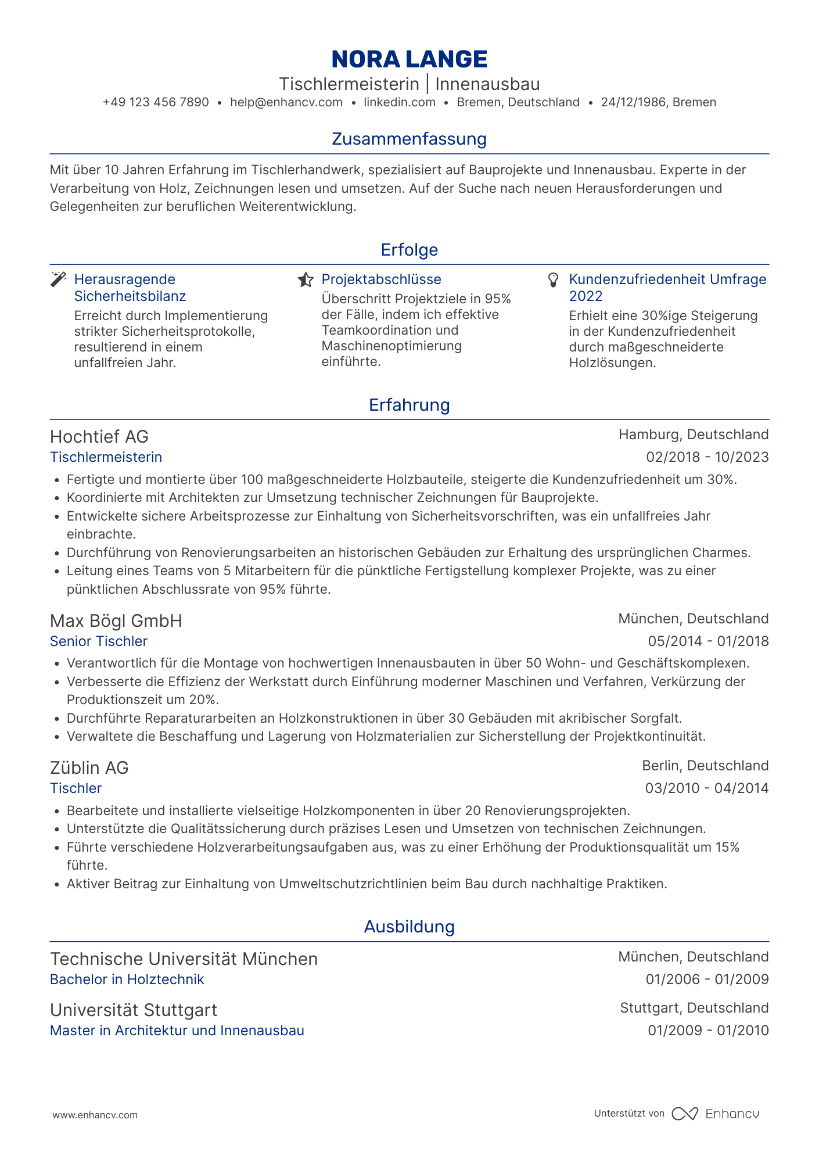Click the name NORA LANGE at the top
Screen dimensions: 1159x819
[x=409, y=59]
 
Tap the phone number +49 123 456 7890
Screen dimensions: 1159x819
[x=156, y=103]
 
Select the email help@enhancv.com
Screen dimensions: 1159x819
[x=286, y=103]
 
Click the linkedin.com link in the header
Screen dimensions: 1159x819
[x=400, y=103]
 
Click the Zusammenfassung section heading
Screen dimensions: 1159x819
[x=409, y=139]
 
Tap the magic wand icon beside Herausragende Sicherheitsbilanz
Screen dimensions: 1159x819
[x=59, y=279]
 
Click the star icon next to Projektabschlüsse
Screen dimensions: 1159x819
[x=306, y=280]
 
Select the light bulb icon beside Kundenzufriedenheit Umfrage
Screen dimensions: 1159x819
[x=554, y=280]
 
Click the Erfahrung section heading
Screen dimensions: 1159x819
[x=409, y=406]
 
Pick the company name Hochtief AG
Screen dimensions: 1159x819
[x=99, y=437]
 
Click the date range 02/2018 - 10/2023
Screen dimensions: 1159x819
[x=707, y=458]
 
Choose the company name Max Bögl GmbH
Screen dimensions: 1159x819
[x=116, y=622]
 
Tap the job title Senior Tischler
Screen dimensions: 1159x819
[x=99, y=641]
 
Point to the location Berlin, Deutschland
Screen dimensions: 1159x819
[x=705, y=766]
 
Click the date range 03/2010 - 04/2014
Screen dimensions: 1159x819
[x=707, y=789]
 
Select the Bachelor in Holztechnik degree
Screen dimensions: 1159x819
[x=127, y=980]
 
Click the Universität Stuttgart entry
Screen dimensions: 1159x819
[x=134, y=1010]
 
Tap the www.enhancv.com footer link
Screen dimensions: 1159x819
[x=95, y=1115]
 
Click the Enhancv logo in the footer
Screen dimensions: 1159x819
[x=716, y=1114]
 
